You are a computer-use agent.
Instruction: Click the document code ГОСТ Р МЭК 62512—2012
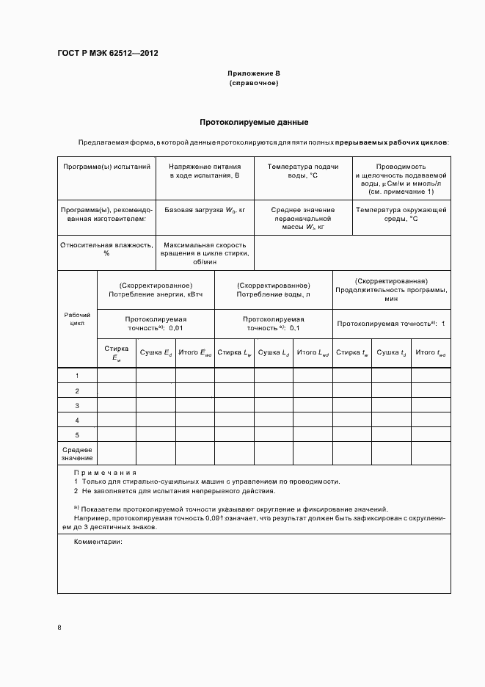108,54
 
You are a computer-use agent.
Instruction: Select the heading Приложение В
254,74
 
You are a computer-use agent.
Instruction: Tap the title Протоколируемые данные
254,122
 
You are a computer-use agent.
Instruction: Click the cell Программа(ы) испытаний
106,167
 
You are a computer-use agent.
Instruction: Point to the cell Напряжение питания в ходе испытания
205,172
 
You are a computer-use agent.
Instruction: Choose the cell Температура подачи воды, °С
303,172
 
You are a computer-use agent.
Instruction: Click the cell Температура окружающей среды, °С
401,214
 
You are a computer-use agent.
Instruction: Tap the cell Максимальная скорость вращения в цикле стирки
205,253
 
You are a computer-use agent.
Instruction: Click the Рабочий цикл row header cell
77,317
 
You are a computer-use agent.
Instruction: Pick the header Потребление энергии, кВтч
156,289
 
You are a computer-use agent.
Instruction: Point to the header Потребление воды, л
273,289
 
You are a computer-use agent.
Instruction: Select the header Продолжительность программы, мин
391,290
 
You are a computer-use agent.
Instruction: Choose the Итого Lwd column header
313,353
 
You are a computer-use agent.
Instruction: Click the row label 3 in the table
77,405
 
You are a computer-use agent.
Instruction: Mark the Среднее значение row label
77,454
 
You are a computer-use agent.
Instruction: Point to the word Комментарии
98,542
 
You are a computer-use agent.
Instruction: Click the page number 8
59,627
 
